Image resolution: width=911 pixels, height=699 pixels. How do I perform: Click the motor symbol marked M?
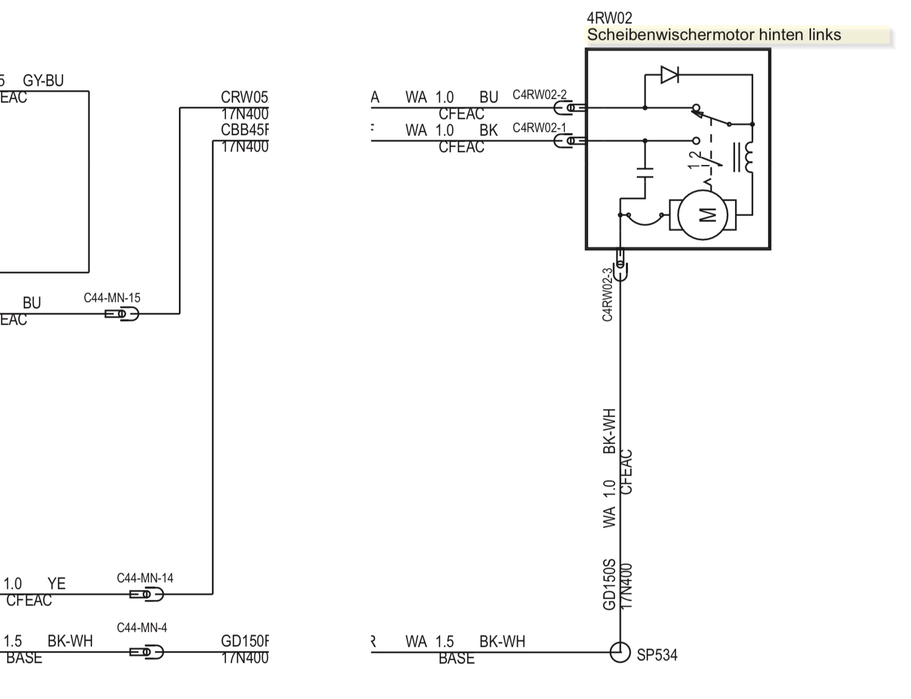pos(703,215)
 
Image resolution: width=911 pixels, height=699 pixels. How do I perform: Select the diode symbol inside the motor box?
pos(670,75)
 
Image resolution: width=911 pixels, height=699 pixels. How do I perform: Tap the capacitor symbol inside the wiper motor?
pos(645,173)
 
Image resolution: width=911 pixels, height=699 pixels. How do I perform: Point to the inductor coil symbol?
pos(748,157)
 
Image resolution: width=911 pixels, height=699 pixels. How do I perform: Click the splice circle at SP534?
pos(620,652)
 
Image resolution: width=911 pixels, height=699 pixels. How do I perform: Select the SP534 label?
pos(656,655)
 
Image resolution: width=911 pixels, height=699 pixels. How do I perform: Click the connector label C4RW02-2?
pos(539,95)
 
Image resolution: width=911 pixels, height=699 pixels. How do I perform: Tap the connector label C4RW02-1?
pos(539,128)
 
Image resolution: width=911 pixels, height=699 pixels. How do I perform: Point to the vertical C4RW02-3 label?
pos(607,294)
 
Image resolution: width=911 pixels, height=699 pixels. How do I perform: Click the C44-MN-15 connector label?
pos(112,298)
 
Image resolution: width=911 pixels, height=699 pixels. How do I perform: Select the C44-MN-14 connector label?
pos(145,578)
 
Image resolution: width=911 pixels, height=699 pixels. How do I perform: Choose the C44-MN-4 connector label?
pos(142,628)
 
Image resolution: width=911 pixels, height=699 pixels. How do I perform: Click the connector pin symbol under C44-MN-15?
pos(122,314)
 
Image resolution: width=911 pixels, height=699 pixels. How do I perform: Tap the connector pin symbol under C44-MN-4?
pos(146,652)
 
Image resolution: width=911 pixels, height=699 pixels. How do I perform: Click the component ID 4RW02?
pos(609,18)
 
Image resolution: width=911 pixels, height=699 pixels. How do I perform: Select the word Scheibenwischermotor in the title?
pos(670,35)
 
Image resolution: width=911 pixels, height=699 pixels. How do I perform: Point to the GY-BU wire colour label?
pos(43,81)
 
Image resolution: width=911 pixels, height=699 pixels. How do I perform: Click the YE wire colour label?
pos(56,584)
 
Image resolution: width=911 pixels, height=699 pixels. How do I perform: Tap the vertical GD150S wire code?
pos(609,584)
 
